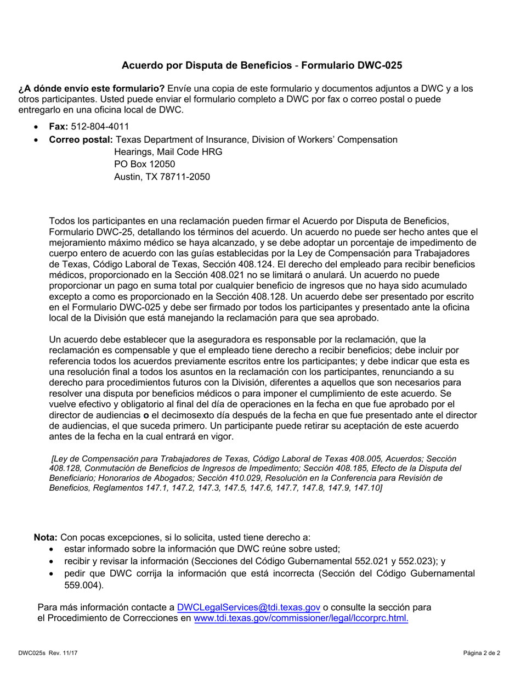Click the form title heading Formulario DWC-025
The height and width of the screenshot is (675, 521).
tap(262, 65)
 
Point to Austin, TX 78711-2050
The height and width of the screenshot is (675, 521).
tap(161, 177)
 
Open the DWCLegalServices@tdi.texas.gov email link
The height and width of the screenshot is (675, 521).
tap(248, 607)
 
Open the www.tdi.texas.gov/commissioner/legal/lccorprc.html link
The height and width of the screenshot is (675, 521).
tap(301, 618)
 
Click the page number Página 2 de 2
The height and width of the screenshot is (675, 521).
tap(481, 654)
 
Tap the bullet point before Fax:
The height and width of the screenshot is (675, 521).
tap(36, 127)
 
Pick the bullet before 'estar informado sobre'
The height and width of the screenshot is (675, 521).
tap(52, 549)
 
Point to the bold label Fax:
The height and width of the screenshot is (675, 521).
tap(59, 126)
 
